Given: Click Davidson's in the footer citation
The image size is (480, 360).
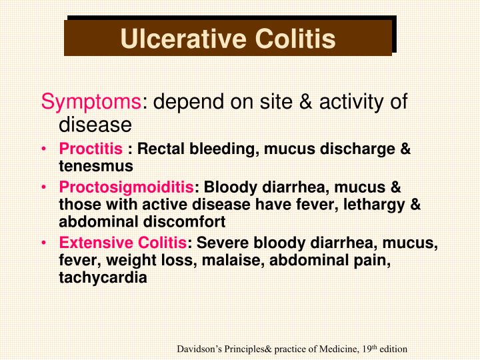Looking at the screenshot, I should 199,349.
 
